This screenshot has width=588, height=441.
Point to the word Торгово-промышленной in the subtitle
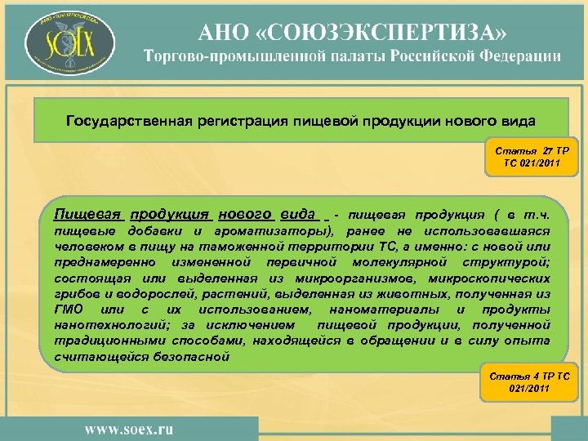[x=225, y=56]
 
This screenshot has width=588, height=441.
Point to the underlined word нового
[x=245, y=215]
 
